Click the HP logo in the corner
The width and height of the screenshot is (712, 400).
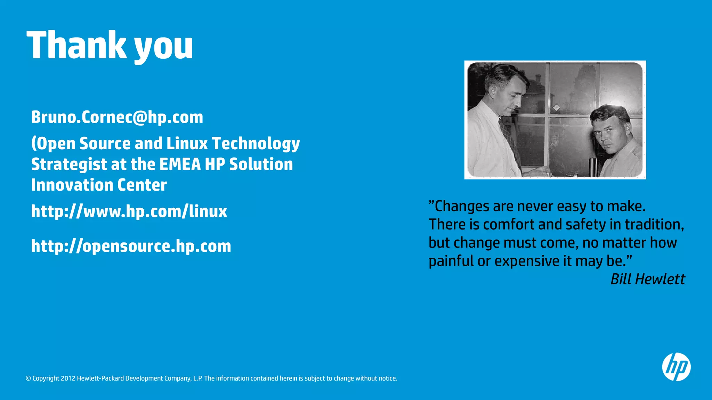(x=676, y=367)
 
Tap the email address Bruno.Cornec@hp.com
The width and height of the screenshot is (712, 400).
(x=117, y=117)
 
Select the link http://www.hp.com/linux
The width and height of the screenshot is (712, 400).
(x=129, y=211)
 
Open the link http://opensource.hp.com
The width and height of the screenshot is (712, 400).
(x=131, y=246)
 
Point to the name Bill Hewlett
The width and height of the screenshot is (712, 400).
(x=648, y=279)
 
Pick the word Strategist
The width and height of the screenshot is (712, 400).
(x=69, y=165)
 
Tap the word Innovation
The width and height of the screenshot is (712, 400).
(x=72, y=185)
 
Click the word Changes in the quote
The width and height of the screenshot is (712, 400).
(x=458, y=206)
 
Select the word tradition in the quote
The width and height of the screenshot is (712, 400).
(x=654, y=224)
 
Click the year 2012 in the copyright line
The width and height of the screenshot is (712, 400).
(x=68, y=378)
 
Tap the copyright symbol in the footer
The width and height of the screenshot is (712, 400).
(x=28, y=378)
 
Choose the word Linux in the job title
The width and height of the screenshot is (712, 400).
(x=187, y=143)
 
